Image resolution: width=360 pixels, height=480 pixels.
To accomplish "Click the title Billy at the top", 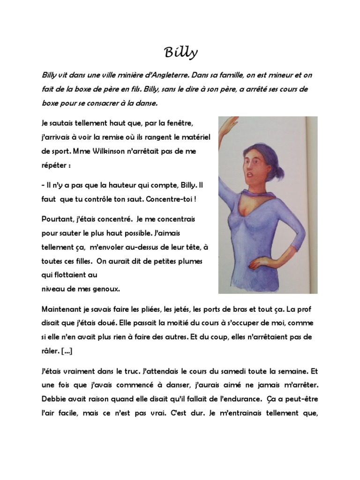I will pos(180,53).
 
